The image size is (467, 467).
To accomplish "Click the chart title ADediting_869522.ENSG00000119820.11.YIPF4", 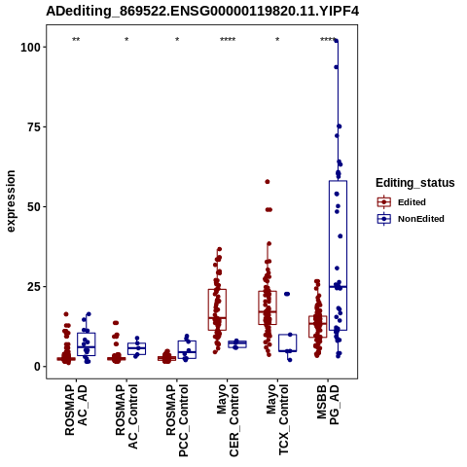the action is [x=202, y=11].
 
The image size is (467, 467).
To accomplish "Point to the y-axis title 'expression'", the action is [x=11, y=201].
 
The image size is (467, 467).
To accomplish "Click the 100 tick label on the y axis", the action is [x=30, y=48].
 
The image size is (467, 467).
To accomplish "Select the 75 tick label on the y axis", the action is [x=34, y=127].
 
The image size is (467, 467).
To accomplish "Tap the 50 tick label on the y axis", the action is [x=34, y=207].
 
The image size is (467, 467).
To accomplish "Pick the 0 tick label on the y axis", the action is [x=37, y=367].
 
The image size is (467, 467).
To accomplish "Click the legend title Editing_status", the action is [x=414, y=183].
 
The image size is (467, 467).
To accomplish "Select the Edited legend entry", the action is [x=412, y=202].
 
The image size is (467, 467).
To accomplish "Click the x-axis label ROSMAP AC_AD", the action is [x=76, y=410].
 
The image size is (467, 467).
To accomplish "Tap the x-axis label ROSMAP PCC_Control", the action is [x=177, y=420].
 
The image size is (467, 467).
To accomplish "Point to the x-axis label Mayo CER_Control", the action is [x=228, y=420].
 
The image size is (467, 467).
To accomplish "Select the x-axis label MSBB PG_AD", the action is [x=328, y=404].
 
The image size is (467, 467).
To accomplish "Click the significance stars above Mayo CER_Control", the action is [x=228, y=40].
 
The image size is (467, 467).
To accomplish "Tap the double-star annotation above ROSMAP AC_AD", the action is [x=76, y=40].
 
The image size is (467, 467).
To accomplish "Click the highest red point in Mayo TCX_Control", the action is [x=268, y=182].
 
